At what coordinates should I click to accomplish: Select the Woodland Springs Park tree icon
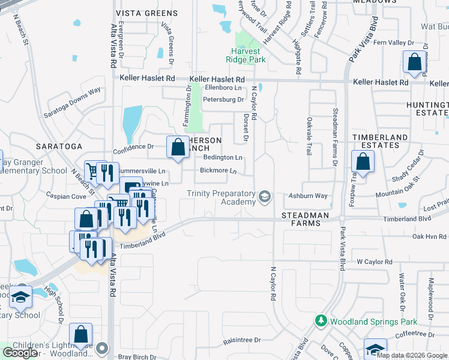[321, 322]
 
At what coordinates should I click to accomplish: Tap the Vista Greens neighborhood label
[146, 13]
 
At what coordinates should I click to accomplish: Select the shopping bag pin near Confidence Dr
[178, 148]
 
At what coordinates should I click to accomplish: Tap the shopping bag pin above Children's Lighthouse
[80, 335]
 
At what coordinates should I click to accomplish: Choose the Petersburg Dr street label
[223, 100]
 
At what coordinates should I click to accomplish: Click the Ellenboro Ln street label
[223, 88]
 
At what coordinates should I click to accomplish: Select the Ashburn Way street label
[307, 196]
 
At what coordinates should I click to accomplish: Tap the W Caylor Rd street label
[374, 262]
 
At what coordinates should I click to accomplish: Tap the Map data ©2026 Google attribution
[411, 355]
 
